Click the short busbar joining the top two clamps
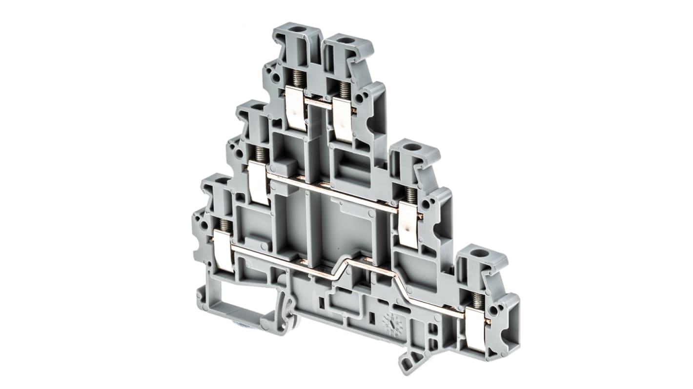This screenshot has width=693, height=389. [x=319, y=103]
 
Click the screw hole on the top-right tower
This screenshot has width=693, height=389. [x=346, y=40]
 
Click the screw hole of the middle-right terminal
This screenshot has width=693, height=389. [x=412, y=147]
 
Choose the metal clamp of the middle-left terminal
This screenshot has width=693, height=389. [x=258, y=183]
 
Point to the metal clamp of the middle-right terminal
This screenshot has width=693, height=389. [x=408, y=225]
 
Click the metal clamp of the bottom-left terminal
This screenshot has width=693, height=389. [x=224, y=251]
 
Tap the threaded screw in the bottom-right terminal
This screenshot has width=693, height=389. [x=478, y=301]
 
